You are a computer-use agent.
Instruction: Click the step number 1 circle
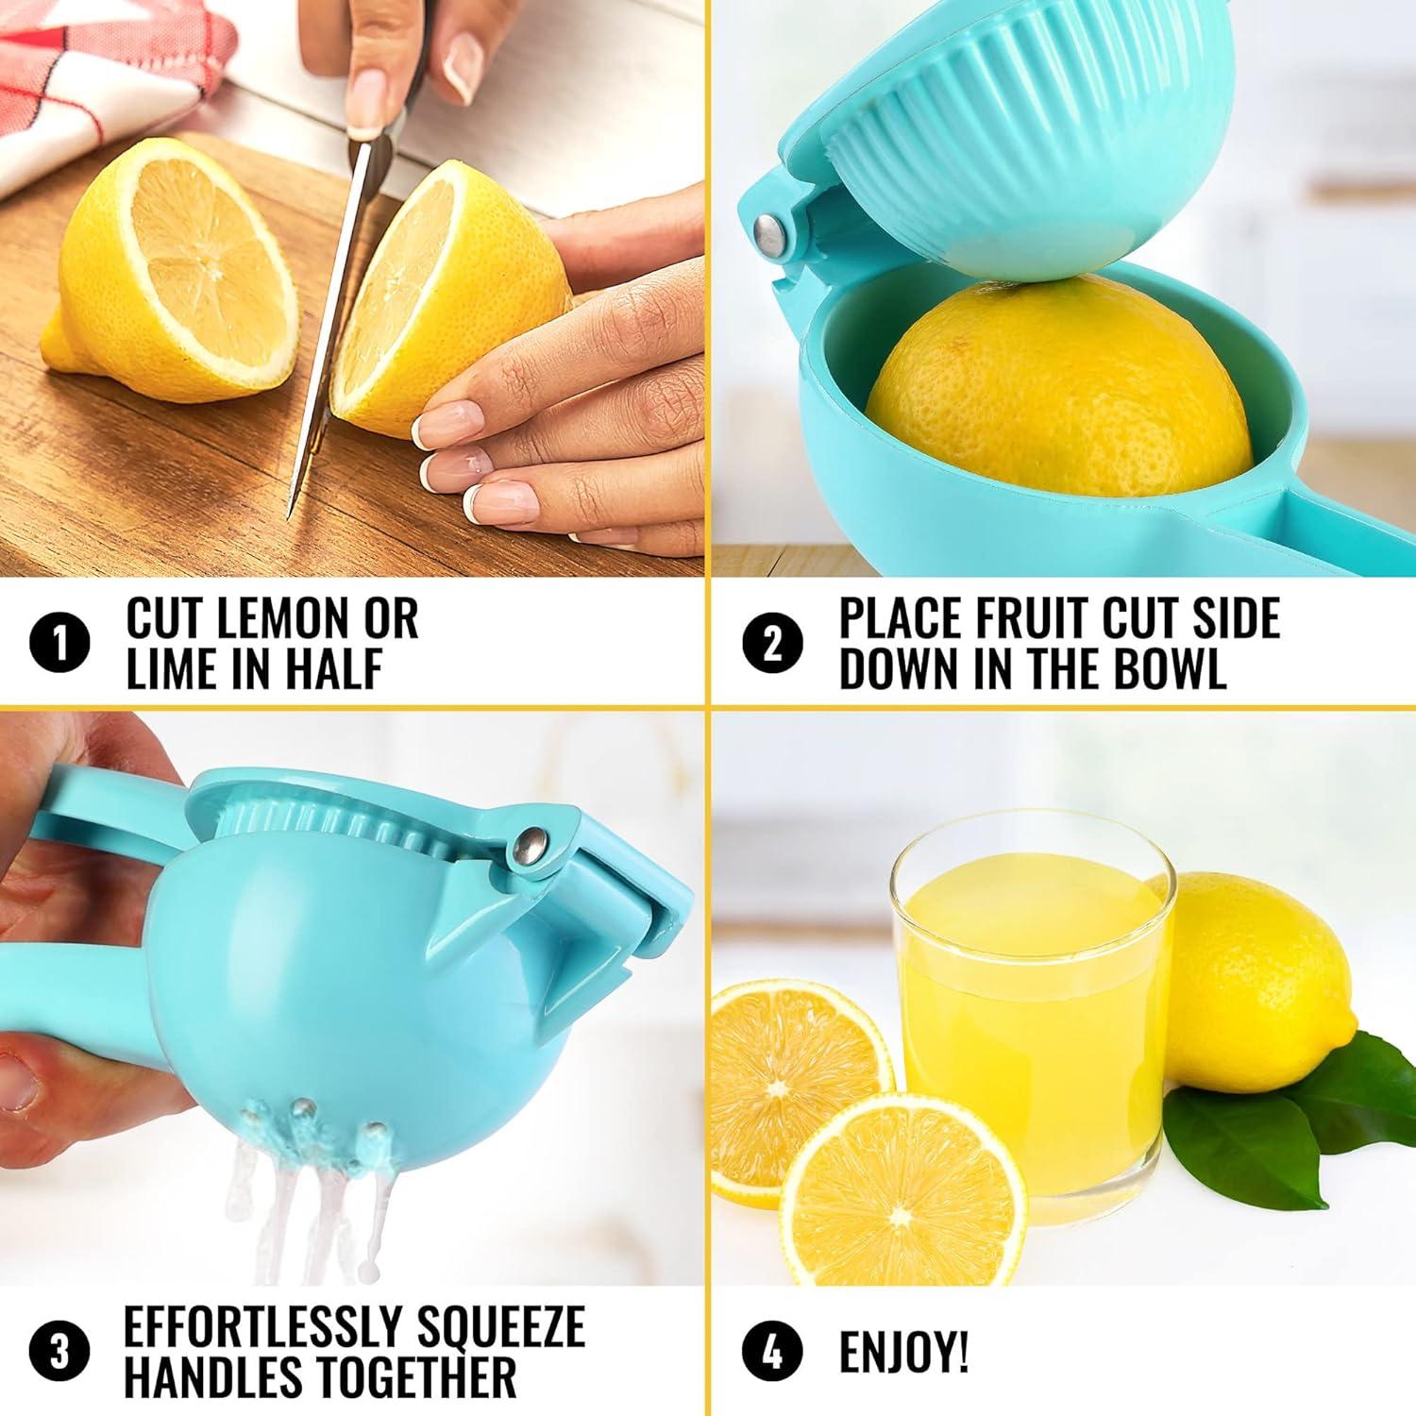coord(60,644)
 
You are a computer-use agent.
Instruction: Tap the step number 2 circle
coord(772,644)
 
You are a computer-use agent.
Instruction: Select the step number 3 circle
coord(59,1353)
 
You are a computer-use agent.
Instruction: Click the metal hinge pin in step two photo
coord(772,234)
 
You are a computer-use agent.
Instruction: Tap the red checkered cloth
coord(113,66)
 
